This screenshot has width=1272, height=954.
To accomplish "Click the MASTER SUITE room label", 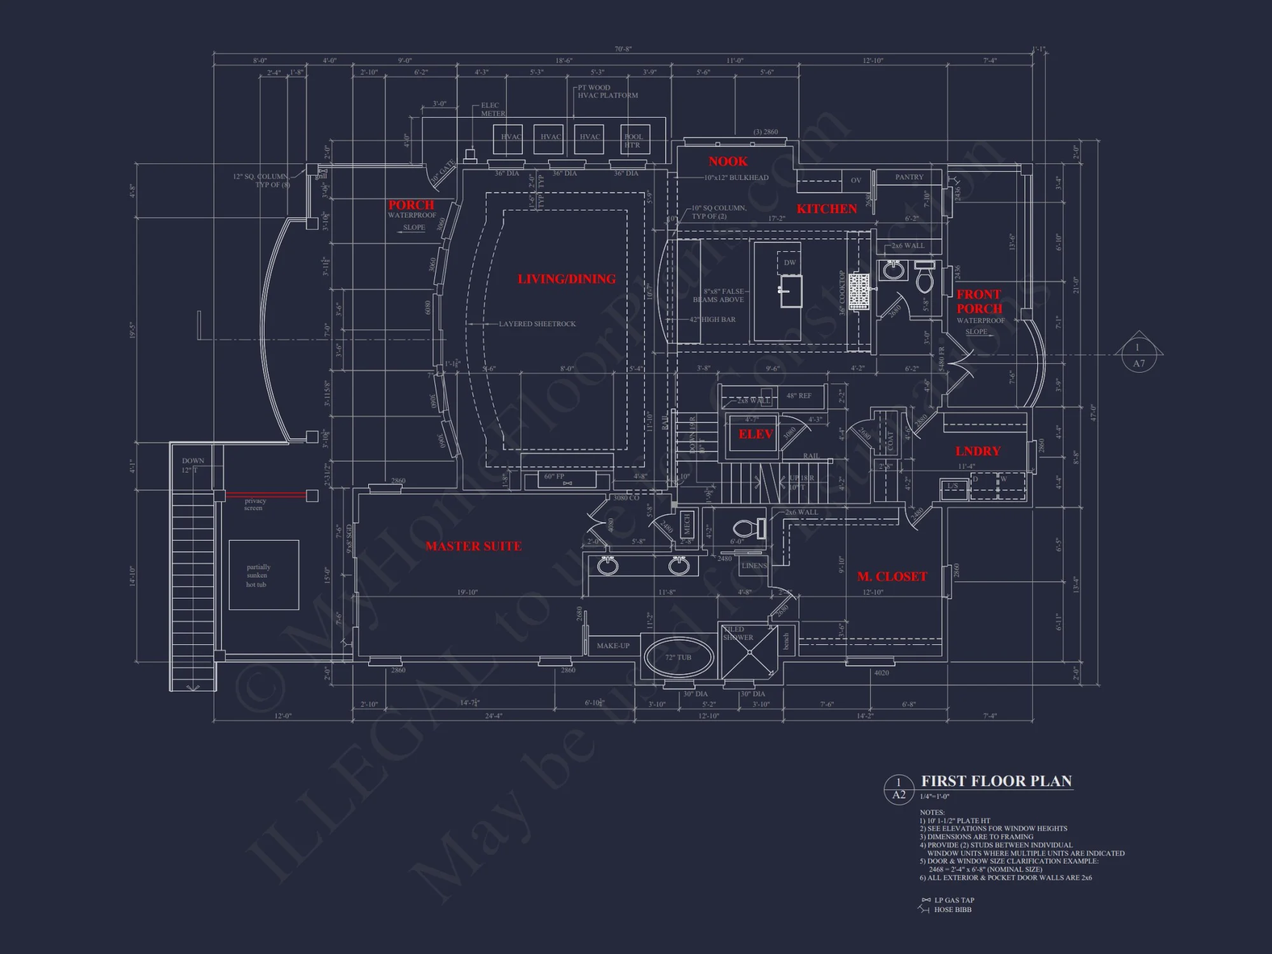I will (x=474, y=546).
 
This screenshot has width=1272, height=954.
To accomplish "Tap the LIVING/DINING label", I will (x=566, y=279).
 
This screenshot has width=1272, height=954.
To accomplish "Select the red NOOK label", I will (x=728, y=162).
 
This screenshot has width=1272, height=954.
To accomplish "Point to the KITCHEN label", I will (x=827, y=209).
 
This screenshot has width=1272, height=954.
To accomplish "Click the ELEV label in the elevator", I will (x=756, y=434).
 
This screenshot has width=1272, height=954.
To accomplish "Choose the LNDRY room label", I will (x=978, y=451).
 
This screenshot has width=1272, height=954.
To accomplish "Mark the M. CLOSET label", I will (x=892, y=577).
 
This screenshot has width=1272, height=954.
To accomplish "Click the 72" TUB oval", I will (x=678, y=658).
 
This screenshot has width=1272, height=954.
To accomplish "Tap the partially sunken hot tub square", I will (x=263, y=575).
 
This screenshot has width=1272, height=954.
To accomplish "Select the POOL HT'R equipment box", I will (x=633, y=141).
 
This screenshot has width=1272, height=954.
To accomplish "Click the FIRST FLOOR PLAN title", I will (x=997, y=781).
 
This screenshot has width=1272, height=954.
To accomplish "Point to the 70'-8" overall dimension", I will (x=623, y=49).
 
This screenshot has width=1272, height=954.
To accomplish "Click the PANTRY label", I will (x=909, y=177).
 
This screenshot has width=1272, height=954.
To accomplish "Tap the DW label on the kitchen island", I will (x=789, y=262).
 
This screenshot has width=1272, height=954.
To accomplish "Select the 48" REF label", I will (x=799, y=396).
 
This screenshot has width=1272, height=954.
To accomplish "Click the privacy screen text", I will (x=254, y=504).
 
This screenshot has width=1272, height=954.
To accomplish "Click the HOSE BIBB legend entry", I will (x=952, y=909).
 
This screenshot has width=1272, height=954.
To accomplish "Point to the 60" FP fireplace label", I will (x=554, y=476).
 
